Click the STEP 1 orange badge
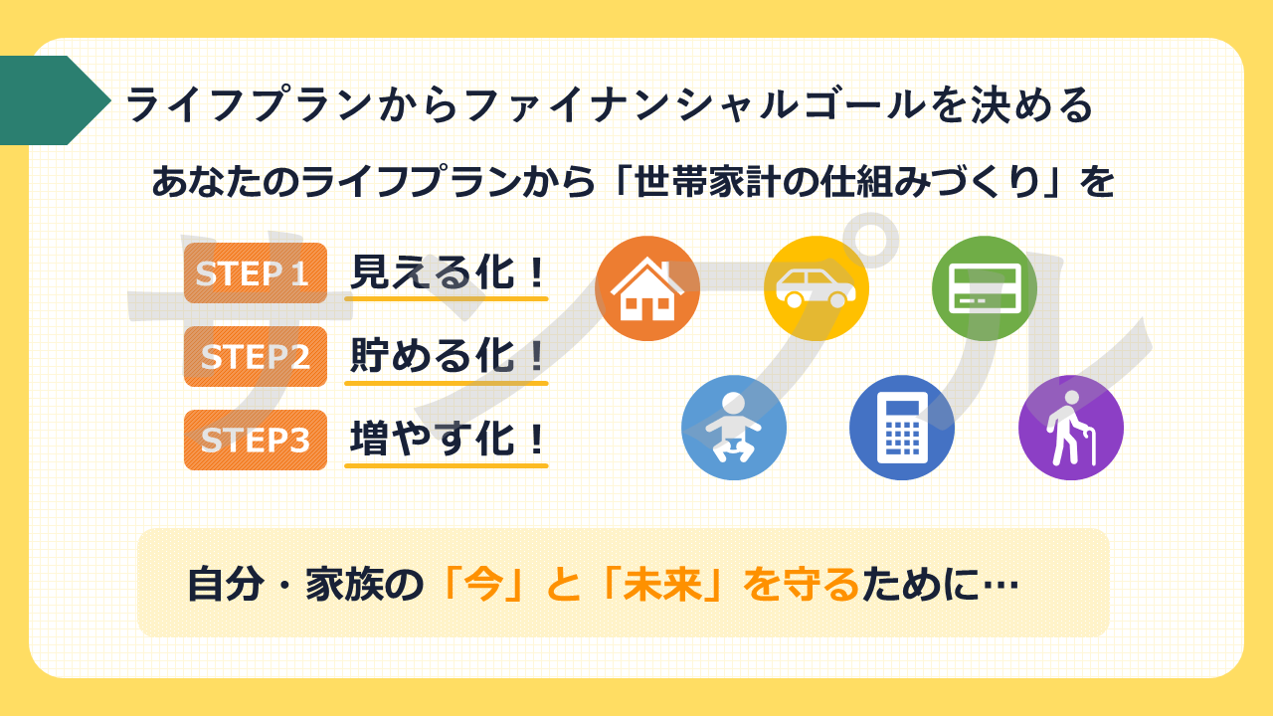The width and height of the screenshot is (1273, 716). coord(256,272)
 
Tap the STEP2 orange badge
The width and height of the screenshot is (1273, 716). coord(256,356)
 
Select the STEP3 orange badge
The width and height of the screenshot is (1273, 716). coord(256,440)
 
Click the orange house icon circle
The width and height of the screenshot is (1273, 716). coord(647,288)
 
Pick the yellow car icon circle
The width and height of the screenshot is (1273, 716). coord(817,288)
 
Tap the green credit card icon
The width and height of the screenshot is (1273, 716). coord(985,288)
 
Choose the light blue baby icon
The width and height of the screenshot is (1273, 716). coord(734,428)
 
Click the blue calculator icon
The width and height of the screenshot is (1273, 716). coord(902,428)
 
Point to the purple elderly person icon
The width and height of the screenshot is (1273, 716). coord(1071,428)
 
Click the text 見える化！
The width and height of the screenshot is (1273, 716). coord(448,272)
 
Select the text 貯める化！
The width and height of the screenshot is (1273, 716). coord(448,356)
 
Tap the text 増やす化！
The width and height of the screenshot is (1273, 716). coord(448,439)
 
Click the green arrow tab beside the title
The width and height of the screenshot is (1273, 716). coord(54,100)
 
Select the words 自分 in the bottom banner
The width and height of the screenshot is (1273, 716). coord(226,584)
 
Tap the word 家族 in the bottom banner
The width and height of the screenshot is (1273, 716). coord(344,584)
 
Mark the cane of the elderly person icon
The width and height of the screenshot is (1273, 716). coord(1088,447)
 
